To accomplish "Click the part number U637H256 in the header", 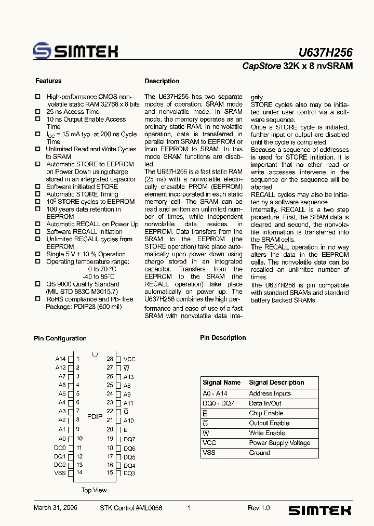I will (325, 52).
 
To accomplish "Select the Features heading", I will (48, 81).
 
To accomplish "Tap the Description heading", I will (162, 81).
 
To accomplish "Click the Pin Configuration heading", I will (60, 338).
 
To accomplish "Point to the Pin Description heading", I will (223, 338).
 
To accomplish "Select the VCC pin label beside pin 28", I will (129, 359).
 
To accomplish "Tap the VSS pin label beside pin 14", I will (60, 472).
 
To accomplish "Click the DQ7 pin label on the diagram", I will (129, 439).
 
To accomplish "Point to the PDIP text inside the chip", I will (95, 416).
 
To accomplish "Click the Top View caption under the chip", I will (94, 490).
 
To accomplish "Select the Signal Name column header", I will (221, 383).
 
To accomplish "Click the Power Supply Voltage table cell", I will (279, 443).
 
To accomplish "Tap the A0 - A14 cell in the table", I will (215, 393).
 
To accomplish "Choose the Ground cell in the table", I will (259, 453).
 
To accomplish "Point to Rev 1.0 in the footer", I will (259, 508).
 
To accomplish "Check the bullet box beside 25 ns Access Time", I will (37, 112).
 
